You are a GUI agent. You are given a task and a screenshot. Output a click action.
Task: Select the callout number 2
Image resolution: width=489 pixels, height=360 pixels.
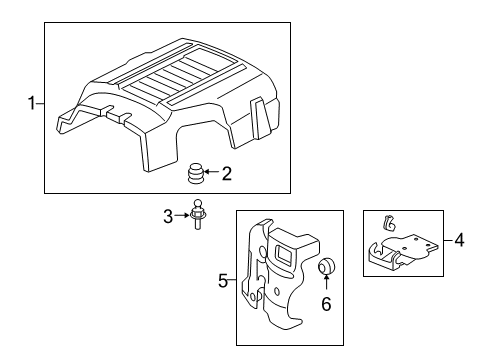[227, 174]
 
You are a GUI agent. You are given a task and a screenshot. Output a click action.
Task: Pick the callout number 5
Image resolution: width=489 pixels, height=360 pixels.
[223, 283]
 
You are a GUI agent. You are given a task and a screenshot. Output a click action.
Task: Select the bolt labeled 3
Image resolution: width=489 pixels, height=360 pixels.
[197, 218]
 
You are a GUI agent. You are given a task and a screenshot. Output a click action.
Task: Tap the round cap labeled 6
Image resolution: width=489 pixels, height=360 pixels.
[328, 266]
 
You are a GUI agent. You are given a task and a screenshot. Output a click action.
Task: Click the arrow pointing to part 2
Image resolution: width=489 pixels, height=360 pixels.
[212, 174]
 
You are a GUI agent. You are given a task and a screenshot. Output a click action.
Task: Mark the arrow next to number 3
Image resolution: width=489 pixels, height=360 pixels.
[182, 215]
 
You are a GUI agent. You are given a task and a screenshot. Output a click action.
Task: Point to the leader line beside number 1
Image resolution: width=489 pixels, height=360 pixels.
[41, 103]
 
